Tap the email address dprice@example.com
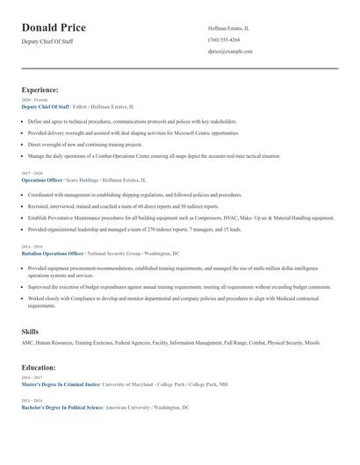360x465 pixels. pyautogui.click(x=230, y=52)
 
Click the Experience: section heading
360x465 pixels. pyautogui.click(x=40, y=89)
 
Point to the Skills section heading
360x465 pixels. pyautogui.click(x=30, y=332)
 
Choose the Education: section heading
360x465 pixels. pyautogui.click(x=39, y=368)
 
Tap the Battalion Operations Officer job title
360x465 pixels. pyautogui.click(x=54, y=253)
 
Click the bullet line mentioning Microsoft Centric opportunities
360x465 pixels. pyautogui.click(x=120, y=132)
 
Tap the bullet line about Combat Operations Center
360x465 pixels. pyautogui.click(x=154, y=155)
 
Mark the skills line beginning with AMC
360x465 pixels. pyautogui.click(x=170, y=343)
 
